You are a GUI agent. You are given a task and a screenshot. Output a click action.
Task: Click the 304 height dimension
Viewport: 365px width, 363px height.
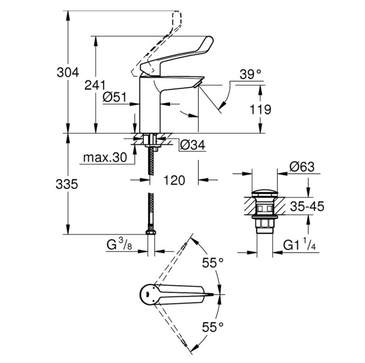point(68,72)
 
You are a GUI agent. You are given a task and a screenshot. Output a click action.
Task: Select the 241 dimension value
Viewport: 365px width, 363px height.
point(95,85)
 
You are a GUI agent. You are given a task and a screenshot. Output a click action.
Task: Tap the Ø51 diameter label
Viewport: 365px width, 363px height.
point(115,97)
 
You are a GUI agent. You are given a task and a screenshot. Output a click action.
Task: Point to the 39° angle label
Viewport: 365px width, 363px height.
point(250,74)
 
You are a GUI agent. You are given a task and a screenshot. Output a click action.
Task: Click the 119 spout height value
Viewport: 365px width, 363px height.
point(260,109)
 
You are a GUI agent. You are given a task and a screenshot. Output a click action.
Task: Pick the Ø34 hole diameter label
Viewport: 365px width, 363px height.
point(193,145)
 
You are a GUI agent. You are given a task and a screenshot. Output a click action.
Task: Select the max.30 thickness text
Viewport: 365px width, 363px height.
point(105,158)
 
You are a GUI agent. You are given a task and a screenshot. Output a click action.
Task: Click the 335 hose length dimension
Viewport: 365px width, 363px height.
point(67,184)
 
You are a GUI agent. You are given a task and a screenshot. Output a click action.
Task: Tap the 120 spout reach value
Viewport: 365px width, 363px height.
point(174,180)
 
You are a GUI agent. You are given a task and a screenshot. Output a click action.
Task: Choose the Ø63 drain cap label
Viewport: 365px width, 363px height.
point(302,167)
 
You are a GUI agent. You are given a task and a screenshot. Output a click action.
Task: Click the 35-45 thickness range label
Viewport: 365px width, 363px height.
point(307,206)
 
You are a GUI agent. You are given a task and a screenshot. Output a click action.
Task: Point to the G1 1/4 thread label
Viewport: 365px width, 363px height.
point(299,245)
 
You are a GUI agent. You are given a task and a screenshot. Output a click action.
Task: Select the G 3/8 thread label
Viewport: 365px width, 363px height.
point(119,245)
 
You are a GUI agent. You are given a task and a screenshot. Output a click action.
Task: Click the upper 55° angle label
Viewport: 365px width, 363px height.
point(213,263)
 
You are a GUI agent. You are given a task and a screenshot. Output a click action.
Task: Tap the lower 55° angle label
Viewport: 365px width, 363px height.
point(213,327)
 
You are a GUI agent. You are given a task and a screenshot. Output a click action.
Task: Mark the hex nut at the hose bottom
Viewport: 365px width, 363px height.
point(151,232)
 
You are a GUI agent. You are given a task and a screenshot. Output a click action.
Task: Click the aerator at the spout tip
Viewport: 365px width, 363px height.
point(196,85)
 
